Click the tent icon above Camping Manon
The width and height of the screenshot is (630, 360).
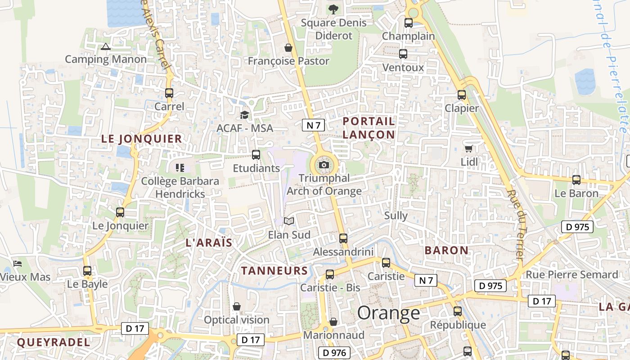click(x=106, y=46)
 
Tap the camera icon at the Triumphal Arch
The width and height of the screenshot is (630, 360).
click(x=324, y=165)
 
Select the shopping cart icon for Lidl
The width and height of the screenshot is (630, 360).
click(x=468, y=148)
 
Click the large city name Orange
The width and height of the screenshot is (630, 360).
click(x=389, y=313)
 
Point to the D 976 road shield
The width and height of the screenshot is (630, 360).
click(x=334, y=353)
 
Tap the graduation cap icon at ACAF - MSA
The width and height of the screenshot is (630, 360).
click(x=244, y=115)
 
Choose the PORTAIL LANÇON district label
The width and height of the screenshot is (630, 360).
click(x=369, y=128)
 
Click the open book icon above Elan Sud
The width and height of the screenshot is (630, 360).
click(x=289, y=221)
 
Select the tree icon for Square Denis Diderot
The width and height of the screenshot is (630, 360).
click(x=333, y=9)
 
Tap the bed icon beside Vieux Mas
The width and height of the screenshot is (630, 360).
click(x=18, y=263)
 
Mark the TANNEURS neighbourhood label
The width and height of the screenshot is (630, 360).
click(x=274, y=270)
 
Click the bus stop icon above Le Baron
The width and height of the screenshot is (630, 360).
click(x=576, y=180)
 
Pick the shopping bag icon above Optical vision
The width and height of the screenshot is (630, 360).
click(x=237, y=306)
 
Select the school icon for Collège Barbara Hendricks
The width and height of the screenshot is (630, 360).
click(x=180, y=168)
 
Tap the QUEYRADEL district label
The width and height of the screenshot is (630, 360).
click(x=54, y=342)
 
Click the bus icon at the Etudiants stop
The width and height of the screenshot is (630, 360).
click(x=256, y=155)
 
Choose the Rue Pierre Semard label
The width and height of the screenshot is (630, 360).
click(x=572, y=274)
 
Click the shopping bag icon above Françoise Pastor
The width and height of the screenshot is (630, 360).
click(x=288, y=48)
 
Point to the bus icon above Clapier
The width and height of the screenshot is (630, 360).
click(x=462, y=95)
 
